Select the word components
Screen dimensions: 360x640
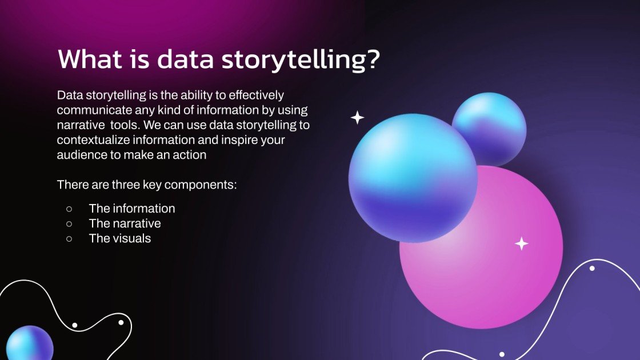[202, 185]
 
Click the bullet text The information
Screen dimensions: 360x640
[132, 209]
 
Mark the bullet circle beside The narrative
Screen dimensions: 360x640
[69, 223]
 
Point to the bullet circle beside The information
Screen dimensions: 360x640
[69, 209]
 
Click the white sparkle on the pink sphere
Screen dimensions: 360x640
[521, 243]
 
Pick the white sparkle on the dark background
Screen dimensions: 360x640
[357, 118]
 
